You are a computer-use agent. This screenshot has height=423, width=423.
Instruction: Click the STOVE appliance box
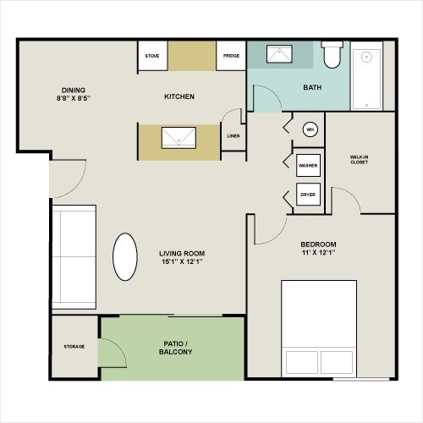coord(152,56)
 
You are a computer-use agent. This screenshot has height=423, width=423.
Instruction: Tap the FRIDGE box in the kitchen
coord(231,56)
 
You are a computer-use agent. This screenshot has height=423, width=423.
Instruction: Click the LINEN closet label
coord(233,135)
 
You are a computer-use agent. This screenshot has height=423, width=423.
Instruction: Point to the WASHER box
coord(308,165)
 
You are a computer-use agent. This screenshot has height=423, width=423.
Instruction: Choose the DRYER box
coord(308,194)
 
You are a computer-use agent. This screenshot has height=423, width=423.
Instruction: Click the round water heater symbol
coord(310,129)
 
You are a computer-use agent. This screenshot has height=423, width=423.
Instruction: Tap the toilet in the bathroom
coord(331,56)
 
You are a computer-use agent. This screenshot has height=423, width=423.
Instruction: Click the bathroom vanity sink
coord(279,56)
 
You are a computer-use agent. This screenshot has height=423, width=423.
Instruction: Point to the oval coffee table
coord(124,257)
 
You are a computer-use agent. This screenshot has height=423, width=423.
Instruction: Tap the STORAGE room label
coord(74,346)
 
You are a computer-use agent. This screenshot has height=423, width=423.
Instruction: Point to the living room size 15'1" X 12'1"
coord(181,261)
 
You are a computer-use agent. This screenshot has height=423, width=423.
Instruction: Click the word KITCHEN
coord(179,96)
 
